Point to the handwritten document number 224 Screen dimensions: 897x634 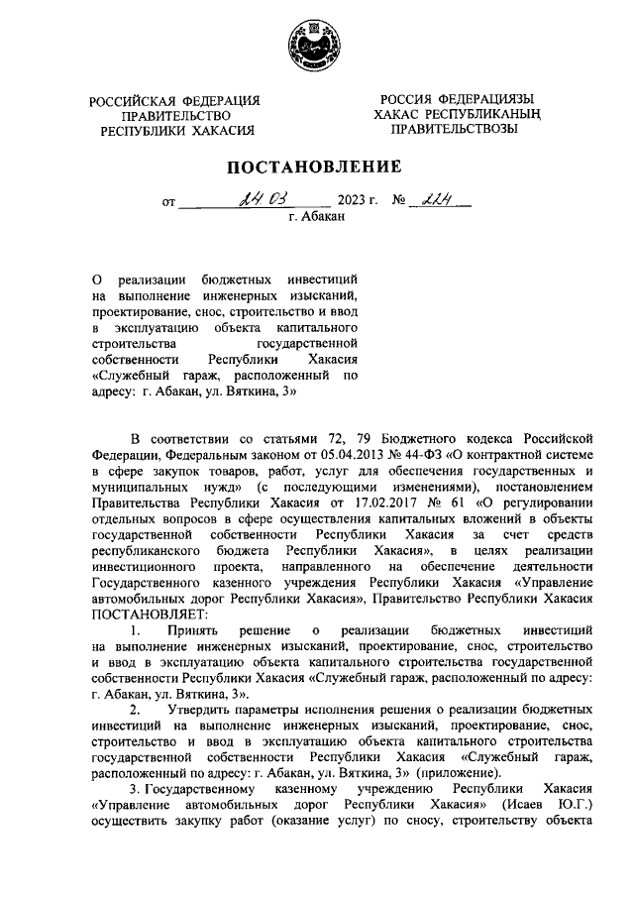click(435, 202)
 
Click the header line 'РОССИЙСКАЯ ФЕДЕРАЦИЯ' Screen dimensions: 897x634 click(174, 101)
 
